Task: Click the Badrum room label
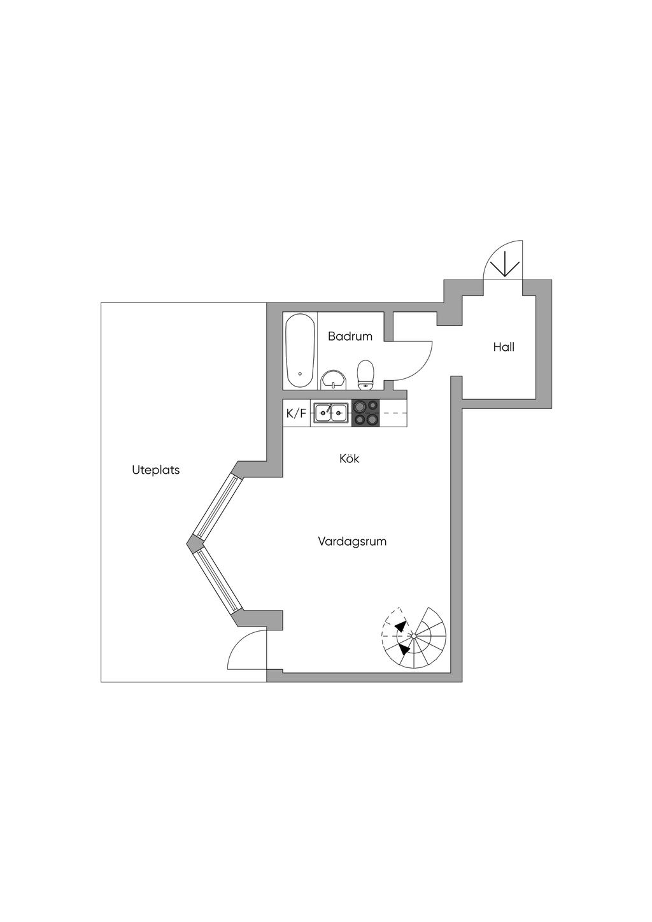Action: point(350,336)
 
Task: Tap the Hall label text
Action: point(503,347)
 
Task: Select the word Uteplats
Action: point(155,471)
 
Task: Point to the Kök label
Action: point(349,458)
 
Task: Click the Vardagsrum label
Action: point(352,542)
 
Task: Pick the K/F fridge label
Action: point(296,413)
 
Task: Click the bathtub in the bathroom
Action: point(300,351)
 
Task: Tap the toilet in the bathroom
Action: point(365,374)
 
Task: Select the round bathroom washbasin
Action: point(333,379)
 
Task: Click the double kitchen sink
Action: point(331,413)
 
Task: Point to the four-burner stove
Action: point(365,413)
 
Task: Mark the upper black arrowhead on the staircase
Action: point(400,627)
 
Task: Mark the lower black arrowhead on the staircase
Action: point(404,650)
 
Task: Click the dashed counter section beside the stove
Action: point(393,413)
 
